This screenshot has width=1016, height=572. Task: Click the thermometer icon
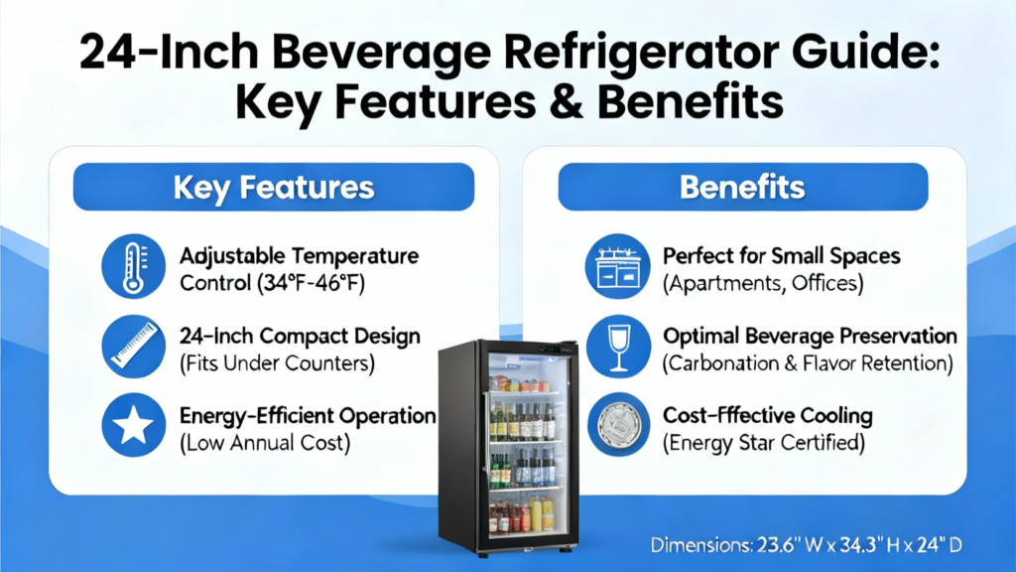click(134, 266)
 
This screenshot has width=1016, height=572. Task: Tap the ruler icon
click(134, 347)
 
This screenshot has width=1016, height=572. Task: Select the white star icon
click(134, 425)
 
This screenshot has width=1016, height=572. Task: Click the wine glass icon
click(618, 347)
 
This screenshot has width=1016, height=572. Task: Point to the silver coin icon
click(618, 425)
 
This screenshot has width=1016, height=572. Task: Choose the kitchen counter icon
click(617, 266)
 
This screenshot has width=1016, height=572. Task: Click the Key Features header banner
click(274, 187)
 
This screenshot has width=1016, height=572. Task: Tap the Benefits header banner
click(742, 187)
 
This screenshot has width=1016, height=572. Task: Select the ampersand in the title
click(566, 102)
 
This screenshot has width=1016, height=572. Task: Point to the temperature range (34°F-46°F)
click(311, 283)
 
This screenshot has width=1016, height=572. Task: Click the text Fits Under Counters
click(278, 363)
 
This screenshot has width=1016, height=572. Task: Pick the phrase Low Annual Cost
click(265, 443)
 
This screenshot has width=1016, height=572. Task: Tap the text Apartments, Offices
click(763, 283)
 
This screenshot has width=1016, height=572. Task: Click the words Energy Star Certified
click(764, 443)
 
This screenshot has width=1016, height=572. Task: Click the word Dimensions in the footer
click(700, 545)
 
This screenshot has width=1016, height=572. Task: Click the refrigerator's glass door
click(526, 448)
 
